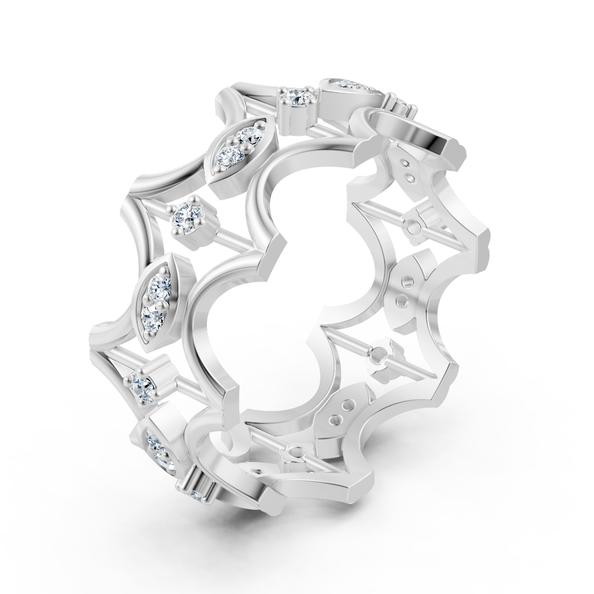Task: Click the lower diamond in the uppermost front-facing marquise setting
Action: coord(228,156)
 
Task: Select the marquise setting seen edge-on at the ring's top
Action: coord(349,86)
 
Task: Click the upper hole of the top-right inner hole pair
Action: coord(405,163)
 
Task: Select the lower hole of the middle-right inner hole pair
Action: coord(402,301)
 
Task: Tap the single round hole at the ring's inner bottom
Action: coord(293,453)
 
